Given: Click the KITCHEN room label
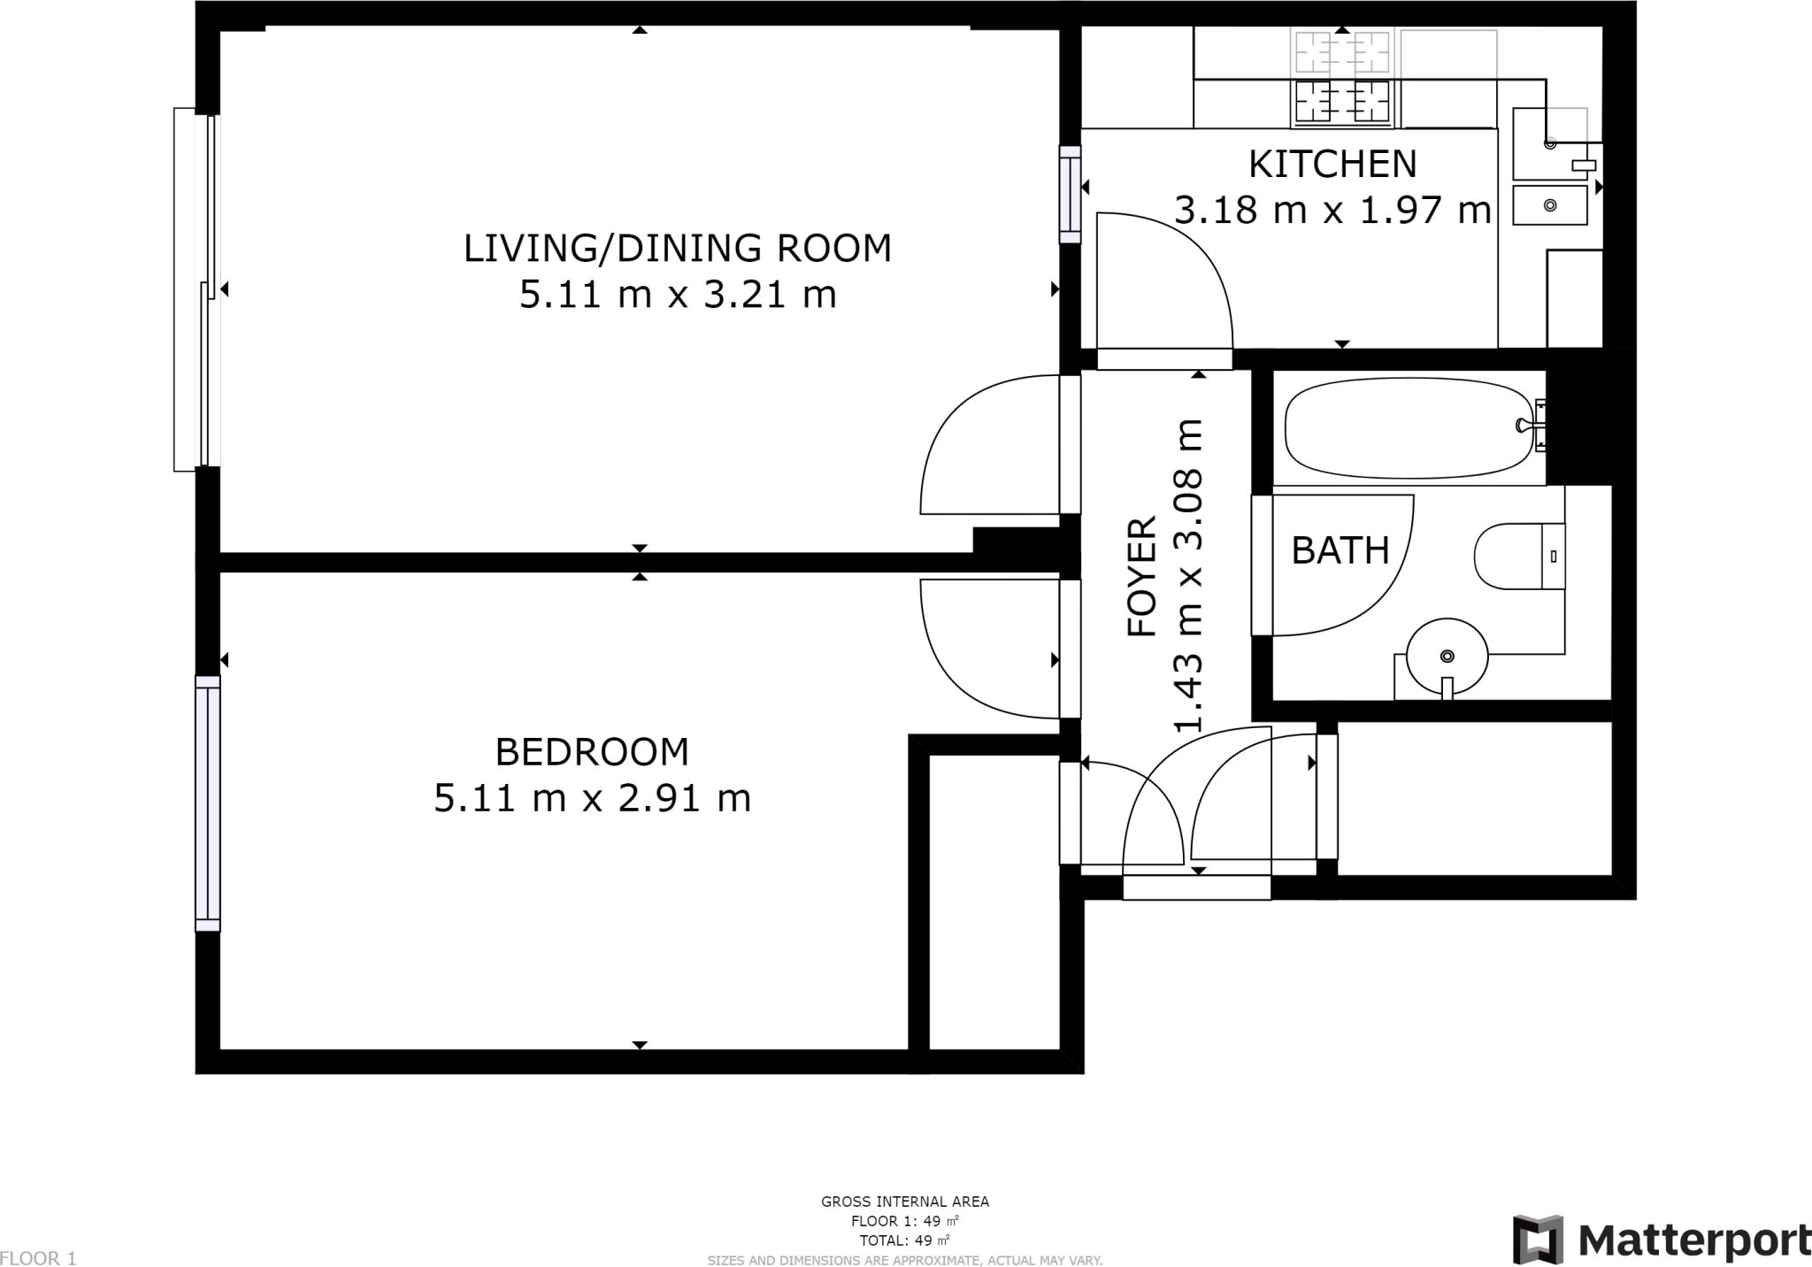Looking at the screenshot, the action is (x=1332, y=164).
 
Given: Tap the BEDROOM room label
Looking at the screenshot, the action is (x=592, y=752).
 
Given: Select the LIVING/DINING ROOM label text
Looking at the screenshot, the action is (x=678, y=248).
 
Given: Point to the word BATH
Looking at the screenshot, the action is (x=1340, y=550).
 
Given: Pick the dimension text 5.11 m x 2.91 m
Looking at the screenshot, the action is (x=592, y=799).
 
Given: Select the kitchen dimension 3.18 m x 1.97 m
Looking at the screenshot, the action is (x=1332, y=211).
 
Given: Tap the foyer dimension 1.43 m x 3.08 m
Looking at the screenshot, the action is (x=1188, y=576).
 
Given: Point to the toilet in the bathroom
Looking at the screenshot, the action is (x=1519, y=557).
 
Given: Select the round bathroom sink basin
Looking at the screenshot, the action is (x=1447, y=657).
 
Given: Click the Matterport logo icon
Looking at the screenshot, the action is (x=1538, y=1240).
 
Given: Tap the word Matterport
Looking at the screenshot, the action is (x=1694, y=1240).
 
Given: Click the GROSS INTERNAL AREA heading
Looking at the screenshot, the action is (x=905, y=1202).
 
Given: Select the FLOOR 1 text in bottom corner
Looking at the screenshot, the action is (x=38, y=1258).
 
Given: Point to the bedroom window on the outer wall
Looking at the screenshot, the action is (x=207, y=803).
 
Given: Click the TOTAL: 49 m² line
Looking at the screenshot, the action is (x=905, y=1240).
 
